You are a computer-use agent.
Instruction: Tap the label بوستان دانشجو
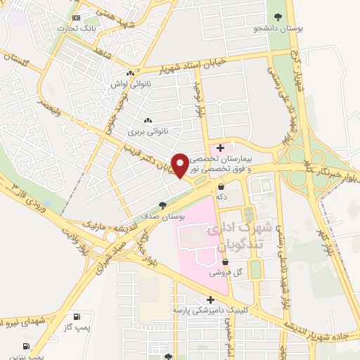pyautogui.click(x=278, y=30)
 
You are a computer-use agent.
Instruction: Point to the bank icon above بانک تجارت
pyautogui.click(x=77, y=18)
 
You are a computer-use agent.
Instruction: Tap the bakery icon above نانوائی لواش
pyautogui.click(x=130, y=72)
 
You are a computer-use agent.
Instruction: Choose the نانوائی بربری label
pyautogui.click(x=146, y=131)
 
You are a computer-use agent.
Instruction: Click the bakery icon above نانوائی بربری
pyautogui.click(x=147, y=120)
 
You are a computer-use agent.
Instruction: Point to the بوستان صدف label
pyautogui.click(x=164, y=218)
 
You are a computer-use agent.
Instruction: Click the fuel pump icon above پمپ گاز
pyautogui.click(x=76, y=316)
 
